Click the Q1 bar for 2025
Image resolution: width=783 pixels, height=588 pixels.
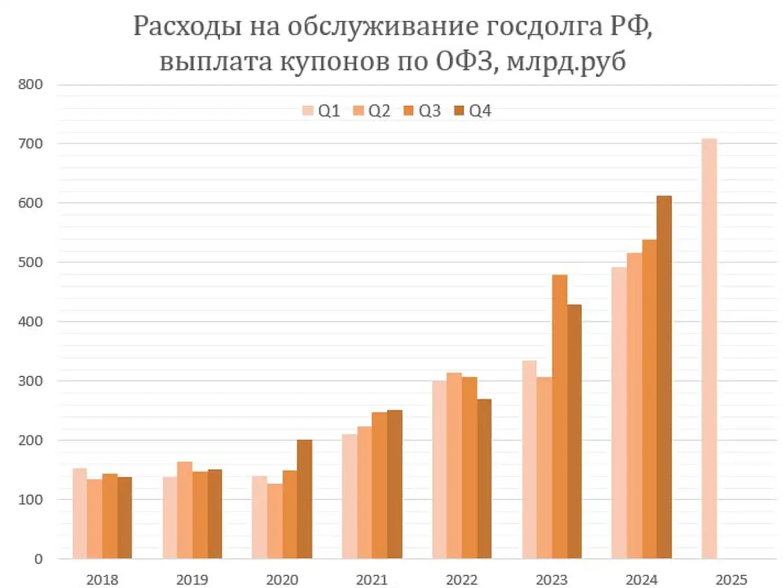pyautogui.click(x=709, y=349)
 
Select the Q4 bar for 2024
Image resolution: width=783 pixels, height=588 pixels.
pyautogui.click(x=664, y=377)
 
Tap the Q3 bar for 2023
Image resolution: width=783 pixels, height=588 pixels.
pyautogui.click(x=559, y=416)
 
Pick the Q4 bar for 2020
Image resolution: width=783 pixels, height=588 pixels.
pyautogui.click(x=304, y=499)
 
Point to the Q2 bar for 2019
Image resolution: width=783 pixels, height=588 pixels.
pyautogui.click(x=185, y=510)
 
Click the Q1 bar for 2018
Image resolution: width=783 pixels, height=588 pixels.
pyautogui.click(x=79, y=513)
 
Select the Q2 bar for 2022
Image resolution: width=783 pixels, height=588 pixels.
pyautogui.click(x=454, y=466)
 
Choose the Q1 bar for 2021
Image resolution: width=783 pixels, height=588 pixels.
pyautogui.click(x=350, y=496)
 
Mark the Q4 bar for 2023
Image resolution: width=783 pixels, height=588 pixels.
pyautogui.click(x=574, y=431)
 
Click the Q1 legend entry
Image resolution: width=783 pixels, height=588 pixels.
pyautogui.click(x=322, y=111)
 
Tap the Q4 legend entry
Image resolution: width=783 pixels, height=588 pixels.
pyautogui.click(x=473, y=111)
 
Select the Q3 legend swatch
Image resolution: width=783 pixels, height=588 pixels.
pyautogui.click(x=408, y=111)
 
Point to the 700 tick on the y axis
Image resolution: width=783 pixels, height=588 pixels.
pyautogui.click(x=30, y=144)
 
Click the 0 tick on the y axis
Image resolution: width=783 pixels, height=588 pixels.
pyautogui.click(x=38, y=559)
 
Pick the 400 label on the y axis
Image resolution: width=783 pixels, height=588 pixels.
pyautogui.click(x=30, y=321)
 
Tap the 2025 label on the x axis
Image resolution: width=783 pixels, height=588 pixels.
pyautogui.click(x=731, y=580)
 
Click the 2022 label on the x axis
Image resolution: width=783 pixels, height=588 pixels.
pyautogui.click(x=461, y=580)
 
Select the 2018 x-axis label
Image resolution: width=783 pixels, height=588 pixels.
pyautogui.click(x=102, y=580)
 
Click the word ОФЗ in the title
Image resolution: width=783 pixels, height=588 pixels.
pyautogui.click(x=464, y=61)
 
